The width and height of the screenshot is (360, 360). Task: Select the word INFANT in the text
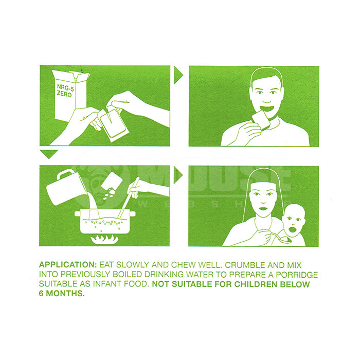(x=107, y=284)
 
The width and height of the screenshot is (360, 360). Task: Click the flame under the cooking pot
(x=104, y=239)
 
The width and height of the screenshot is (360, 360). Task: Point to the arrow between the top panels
(x=178, y=75)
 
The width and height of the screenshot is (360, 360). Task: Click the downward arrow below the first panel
(x=49, y=154)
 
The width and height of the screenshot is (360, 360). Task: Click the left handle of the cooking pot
(x=77, y=214)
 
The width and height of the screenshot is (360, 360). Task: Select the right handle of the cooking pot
(x=133, y=214)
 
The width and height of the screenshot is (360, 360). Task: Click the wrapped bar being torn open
(x=112, y=124)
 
